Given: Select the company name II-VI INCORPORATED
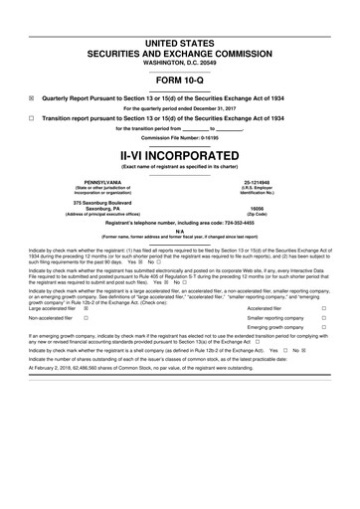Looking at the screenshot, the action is (x=180, y=157).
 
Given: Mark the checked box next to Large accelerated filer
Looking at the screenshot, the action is (x=87, y=309).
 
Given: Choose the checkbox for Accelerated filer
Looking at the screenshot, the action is (x=324, y=309).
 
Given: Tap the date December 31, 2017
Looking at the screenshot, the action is (x=229, y=108).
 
